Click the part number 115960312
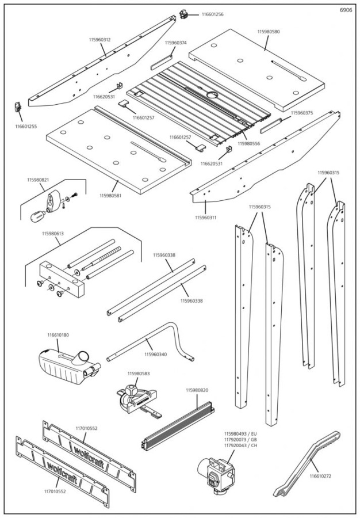[x=99, y=40]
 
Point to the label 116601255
[x=26, y=125]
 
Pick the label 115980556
[x=248, y=144]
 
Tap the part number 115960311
[x=206, y=218]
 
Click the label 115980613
[x=53, y=234]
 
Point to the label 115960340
[x=155, y=355]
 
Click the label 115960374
[x=175, y=43]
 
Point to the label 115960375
[x=301, y=113]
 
